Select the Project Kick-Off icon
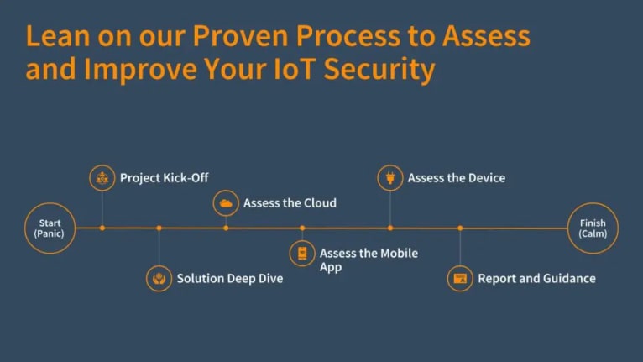click(102, 178)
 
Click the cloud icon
click(226, 202)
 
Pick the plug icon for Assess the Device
click(390, 178)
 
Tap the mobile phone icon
click(302, 254)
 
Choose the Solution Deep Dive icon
click(159, 278)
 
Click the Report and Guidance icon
click(460, 278)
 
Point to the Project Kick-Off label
click(164, 178)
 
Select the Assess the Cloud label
click(290, 202)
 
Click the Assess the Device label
click(457, 178)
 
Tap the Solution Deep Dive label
click(230, 278)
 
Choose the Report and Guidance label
click(536, 278)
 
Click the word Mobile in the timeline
click(399, 254)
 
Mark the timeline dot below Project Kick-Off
click(102, 228)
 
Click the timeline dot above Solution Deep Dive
click(159, 228)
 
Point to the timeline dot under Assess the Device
click(390, 228)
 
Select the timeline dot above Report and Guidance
click(460, 228)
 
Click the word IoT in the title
click(294, 69)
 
